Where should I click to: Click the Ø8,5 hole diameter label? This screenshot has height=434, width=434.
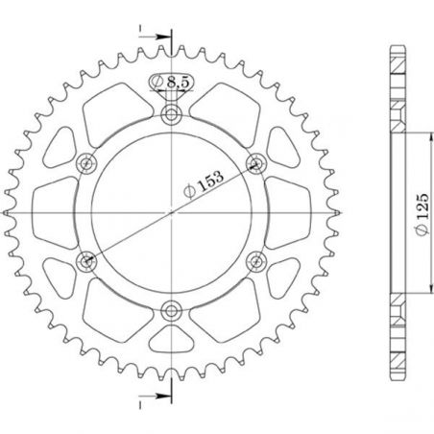(x=174, y=84)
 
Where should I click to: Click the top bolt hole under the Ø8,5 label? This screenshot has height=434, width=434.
(x=173, y=115)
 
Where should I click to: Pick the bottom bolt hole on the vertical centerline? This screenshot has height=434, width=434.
(x=173, y=308)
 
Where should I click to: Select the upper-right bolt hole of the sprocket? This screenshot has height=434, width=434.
(x=256, y=162)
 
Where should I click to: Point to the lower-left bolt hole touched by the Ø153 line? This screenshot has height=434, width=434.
(x=89, y=259)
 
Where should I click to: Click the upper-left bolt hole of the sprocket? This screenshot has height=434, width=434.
(x=89, y=162)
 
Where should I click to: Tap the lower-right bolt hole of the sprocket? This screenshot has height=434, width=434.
(x=256, y=259)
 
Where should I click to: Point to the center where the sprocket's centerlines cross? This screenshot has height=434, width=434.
(x=173, y=211)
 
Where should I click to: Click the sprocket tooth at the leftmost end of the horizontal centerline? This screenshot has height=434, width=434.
(x=8, y=211)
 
